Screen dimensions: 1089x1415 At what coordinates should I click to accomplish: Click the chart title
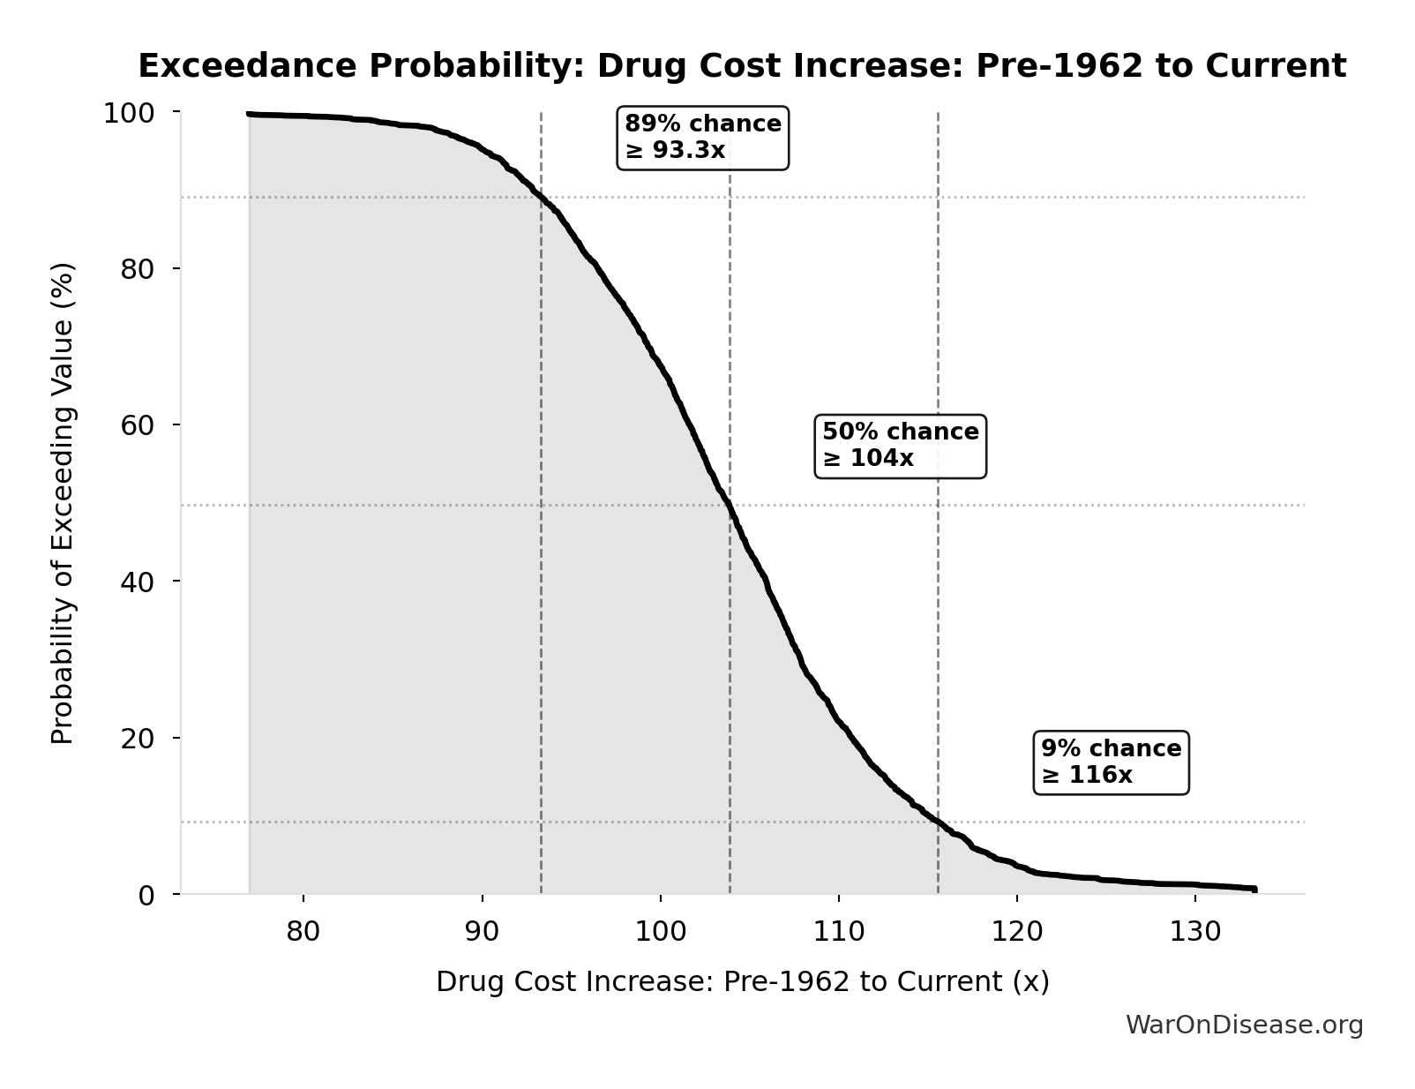pos(742,66)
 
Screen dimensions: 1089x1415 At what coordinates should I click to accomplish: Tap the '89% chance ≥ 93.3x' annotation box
pos(702,138)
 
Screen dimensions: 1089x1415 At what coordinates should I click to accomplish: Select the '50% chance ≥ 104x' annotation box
pos(900,446)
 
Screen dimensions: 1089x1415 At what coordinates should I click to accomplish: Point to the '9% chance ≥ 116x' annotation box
pos(1111,762)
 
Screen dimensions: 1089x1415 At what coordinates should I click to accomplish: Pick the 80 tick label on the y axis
pos(137,269)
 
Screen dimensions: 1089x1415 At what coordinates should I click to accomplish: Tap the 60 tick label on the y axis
pos(137,425)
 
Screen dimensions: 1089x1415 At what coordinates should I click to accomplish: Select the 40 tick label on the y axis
pos(137,582)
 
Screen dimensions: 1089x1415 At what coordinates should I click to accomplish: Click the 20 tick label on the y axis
pos(137,739)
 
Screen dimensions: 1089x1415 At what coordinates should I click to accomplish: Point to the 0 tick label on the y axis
pos(146,896)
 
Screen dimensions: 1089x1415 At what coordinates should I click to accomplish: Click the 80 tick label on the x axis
pos(303,932)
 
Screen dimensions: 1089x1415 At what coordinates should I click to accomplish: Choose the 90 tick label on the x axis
pos(482,932)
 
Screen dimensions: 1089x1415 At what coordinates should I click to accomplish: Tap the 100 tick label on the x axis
pos(660,932)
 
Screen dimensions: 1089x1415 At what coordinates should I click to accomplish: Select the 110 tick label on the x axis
pos(838,932)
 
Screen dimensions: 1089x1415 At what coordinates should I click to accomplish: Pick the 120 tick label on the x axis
pos(1016,932)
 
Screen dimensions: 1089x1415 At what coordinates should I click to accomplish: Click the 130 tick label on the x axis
pos(1194,932)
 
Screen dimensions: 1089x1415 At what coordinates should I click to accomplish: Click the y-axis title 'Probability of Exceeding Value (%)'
pos(63,503)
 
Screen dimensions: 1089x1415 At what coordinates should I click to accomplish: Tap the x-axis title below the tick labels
pos(742,982)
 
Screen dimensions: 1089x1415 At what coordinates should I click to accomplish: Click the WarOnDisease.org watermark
pos(1244,1025)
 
